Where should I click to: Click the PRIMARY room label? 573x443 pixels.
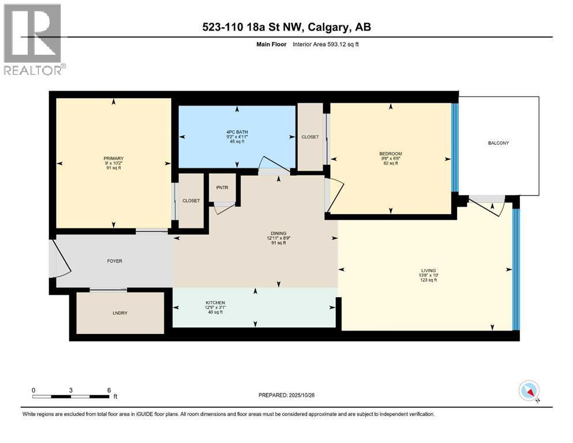114,158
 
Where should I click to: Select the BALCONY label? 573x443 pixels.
497,143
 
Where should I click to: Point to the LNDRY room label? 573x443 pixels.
121,313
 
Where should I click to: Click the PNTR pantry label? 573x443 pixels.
222,187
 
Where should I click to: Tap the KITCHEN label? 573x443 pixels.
215,303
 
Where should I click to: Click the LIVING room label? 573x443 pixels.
428,270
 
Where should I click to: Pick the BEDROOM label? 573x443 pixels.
390,153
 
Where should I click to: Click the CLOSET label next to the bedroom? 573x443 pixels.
310,137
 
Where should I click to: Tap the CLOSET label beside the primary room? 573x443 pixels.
191,201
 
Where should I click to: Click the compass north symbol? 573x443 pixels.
529,392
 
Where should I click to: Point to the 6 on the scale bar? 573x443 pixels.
109,390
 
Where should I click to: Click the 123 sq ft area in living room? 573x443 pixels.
428,280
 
